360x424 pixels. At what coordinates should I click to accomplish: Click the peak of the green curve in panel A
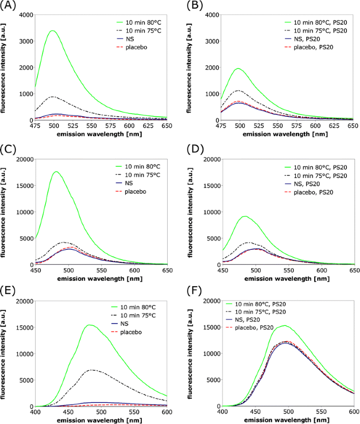pos(52,31)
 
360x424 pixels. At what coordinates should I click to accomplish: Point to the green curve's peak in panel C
pos(55,171)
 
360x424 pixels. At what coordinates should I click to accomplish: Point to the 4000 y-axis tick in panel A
pos(23,15)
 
